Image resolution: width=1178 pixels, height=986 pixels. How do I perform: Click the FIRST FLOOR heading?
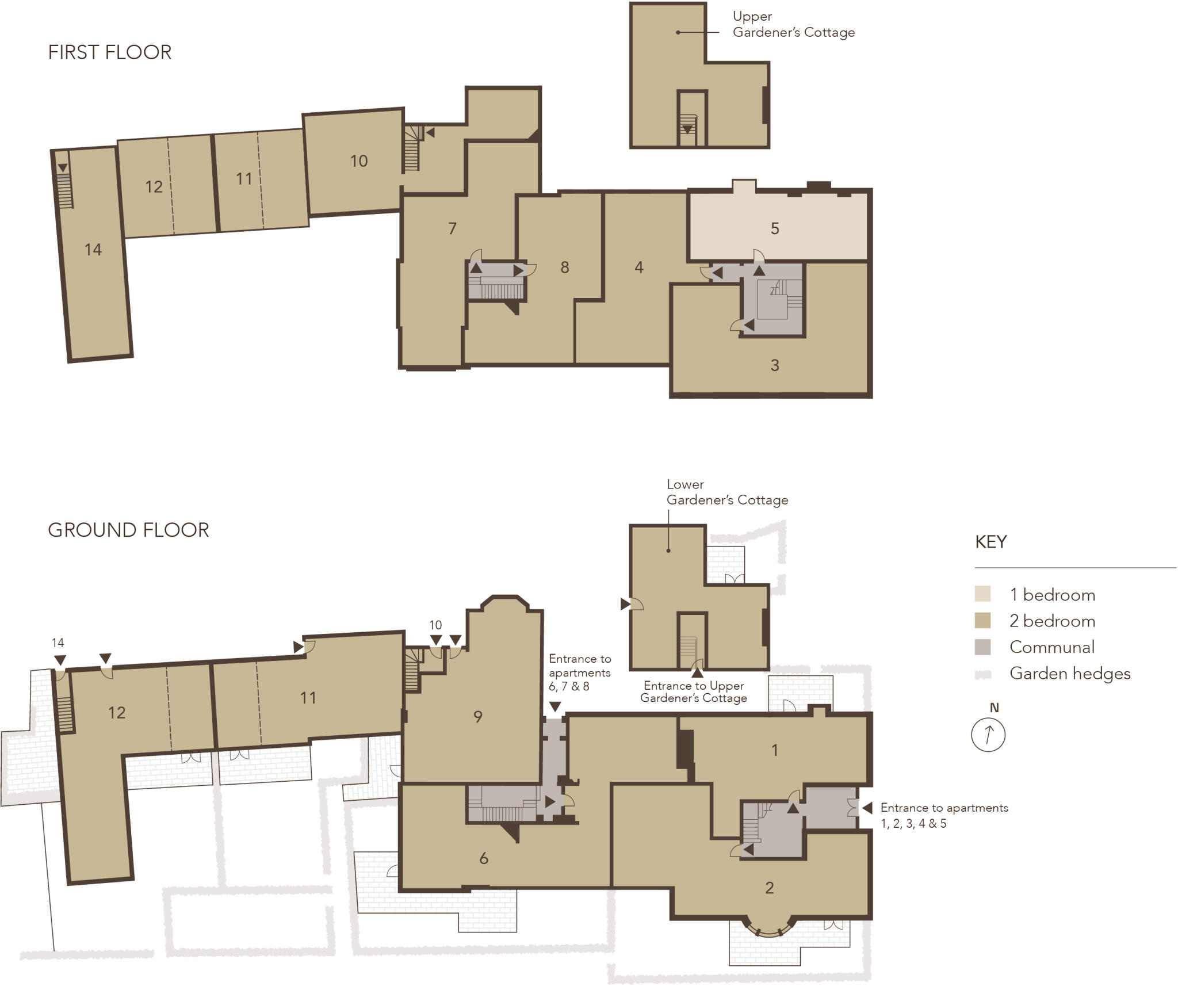pyautogui.click(x=109, y=52)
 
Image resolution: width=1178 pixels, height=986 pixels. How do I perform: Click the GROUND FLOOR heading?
pyautogui.click(x=128, y=530)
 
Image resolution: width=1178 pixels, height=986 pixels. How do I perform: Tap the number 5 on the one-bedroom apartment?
pyautogui.click(x=774, y=228)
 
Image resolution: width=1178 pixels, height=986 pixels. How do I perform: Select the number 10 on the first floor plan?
pyautogui.click(x=358, y=161)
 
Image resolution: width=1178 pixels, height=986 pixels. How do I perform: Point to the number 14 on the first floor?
pyautogui.click(x=93, y=250)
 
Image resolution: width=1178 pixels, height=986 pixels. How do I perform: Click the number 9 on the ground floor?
pyautogui.click(x=477, y=717)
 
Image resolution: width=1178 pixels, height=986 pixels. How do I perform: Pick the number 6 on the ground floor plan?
pyautogui.click(x=483, y=858)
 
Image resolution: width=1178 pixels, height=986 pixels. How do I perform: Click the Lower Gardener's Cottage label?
pyautogui.click(x=726, y=492)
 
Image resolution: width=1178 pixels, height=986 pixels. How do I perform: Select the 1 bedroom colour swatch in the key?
pyautogui.click(x=982, y=594)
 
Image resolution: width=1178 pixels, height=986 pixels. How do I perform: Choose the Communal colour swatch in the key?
pyautogui.click(x=982, y=647)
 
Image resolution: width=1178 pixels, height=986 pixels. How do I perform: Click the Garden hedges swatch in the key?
pyautogui.click(x=982, y=674)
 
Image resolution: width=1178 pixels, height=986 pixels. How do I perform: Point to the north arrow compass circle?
pyautogui.click(x=988, y=735)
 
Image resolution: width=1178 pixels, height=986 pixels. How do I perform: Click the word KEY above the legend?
pyautogui.click(x=990, y=542)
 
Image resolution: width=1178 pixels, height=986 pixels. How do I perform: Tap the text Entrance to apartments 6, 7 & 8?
pyautogui.click(x=579, y=672)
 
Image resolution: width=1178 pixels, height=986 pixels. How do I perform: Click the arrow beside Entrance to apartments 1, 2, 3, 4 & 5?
pyautogui.click(x=867, y=808)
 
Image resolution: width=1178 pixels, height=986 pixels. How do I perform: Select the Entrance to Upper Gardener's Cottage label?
pyautogui.click(x=693, y=692)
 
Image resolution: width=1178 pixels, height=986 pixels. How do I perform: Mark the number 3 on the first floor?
pyautogui.click(x=774, y=365)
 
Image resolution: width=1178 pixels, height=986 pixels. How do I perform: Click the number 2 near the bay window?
pyautogui.click(x=769, y=888)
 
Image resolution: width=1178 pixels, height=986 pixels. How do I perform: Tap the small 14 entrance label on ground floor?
pyautogui.click(x=58, y=643)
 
